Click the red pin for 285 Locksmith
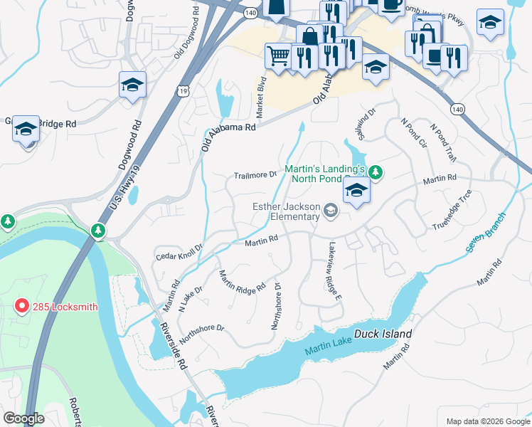coord(21,306)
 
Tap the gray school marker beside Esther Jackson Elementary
coord(330,209)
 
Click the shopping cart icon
coord(278,56)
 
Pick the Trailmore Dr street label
coord(255,175)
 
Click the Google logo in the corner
coord(23,418)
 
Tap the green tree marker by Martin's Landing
coord(376,172)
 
